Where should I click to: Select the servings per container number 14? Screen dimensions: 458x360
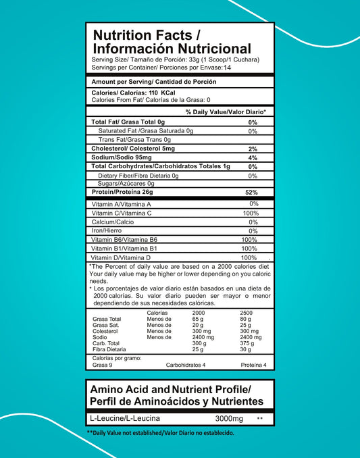tap(226, 68)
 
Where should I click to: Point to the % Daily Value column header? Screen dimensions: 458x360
tap(225, 111)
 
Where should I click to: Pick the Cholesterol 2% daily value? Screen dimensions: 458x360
tap(253, 149)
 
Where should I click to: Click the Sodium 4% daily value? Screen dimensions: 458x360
tap(253, 158)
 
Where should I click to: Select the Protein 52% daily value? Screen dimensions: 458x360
tap(251, 193)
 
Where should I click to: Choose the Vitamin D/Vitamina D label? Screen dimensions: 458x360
tap(120, 257)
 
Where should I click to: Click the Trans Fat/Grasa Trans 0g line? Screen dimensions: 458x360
tap(134, 139)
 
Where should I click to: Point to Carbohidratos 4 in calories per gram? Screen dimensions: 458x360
tap(185, 365)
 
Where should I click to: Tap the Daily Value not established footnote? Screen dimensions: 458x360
tap(160, 432)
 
